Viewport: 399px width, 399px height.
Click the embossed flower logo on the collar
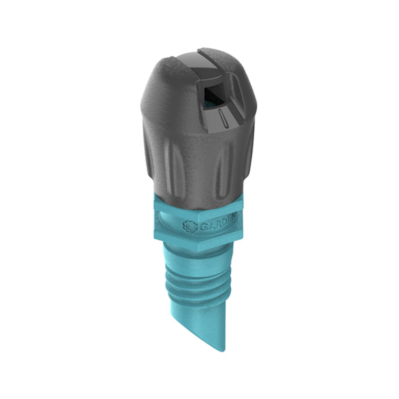coord(190,225)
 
